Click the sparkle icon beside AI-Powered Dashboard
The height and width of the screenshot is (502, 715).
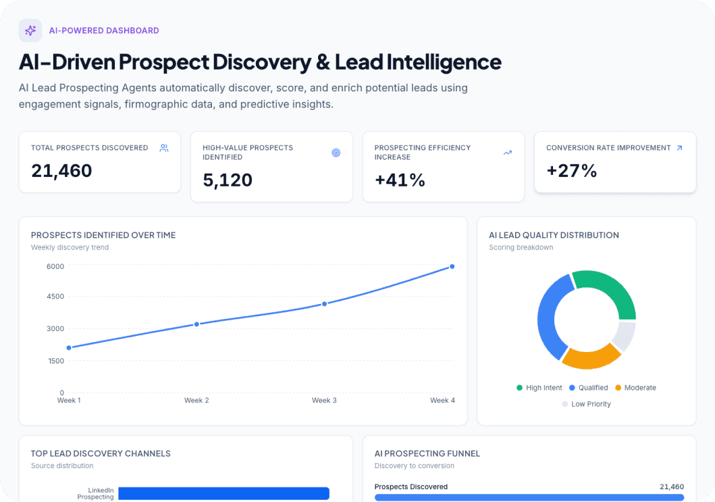pyautogui.click(x=30, y=30)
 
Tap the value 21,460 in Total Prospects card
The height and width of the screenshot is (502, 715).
pyautogui.click(x=61, y=171)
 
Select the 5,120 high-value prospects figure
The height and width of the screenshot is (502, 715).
pyautogui.click(x=228, y=180)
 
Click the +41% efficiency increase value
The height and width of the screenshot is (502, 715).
pyautogui.click(x=400, y=180)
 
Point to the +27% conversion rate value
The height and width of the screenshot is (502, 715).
pyautogui.click(x=571, y=171)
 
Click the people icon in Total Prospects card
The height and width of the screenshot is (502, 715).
pyautogui.click(x=164, y=148)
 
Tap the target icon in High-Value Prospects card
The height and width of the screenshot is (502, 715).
pyautogui.click(x=336, y=153)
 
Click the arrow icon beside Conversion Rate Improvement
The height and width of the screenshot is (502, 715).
pyautogui.click(x=679, y=148)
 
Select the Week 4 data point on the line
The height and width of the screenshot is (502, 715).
pyautogui.click(x=452, y=267)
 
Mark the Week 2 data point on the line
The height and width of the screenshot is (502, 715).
pyautogui.click(x=196, y=324)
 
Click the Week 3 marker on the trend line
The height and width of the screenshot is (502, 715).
pyautogui.click(x=324, y=304)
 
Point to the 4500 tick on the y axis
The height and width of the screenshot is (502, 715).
pyautogui.click(x=55, y=297)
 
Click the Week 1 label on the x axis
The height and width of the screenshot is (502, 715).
pyautogui.click(x=69, y=401)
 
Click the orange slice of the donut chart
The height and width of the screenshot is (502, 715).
pyautogui.click(x=589, y=357)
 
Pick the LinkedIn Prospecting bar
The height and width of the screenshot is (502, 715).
pyautogui.click(x=223, y=493)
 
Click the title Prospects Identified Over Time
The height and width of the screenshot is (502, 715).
pyautogui.click(x=103, y=235)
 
